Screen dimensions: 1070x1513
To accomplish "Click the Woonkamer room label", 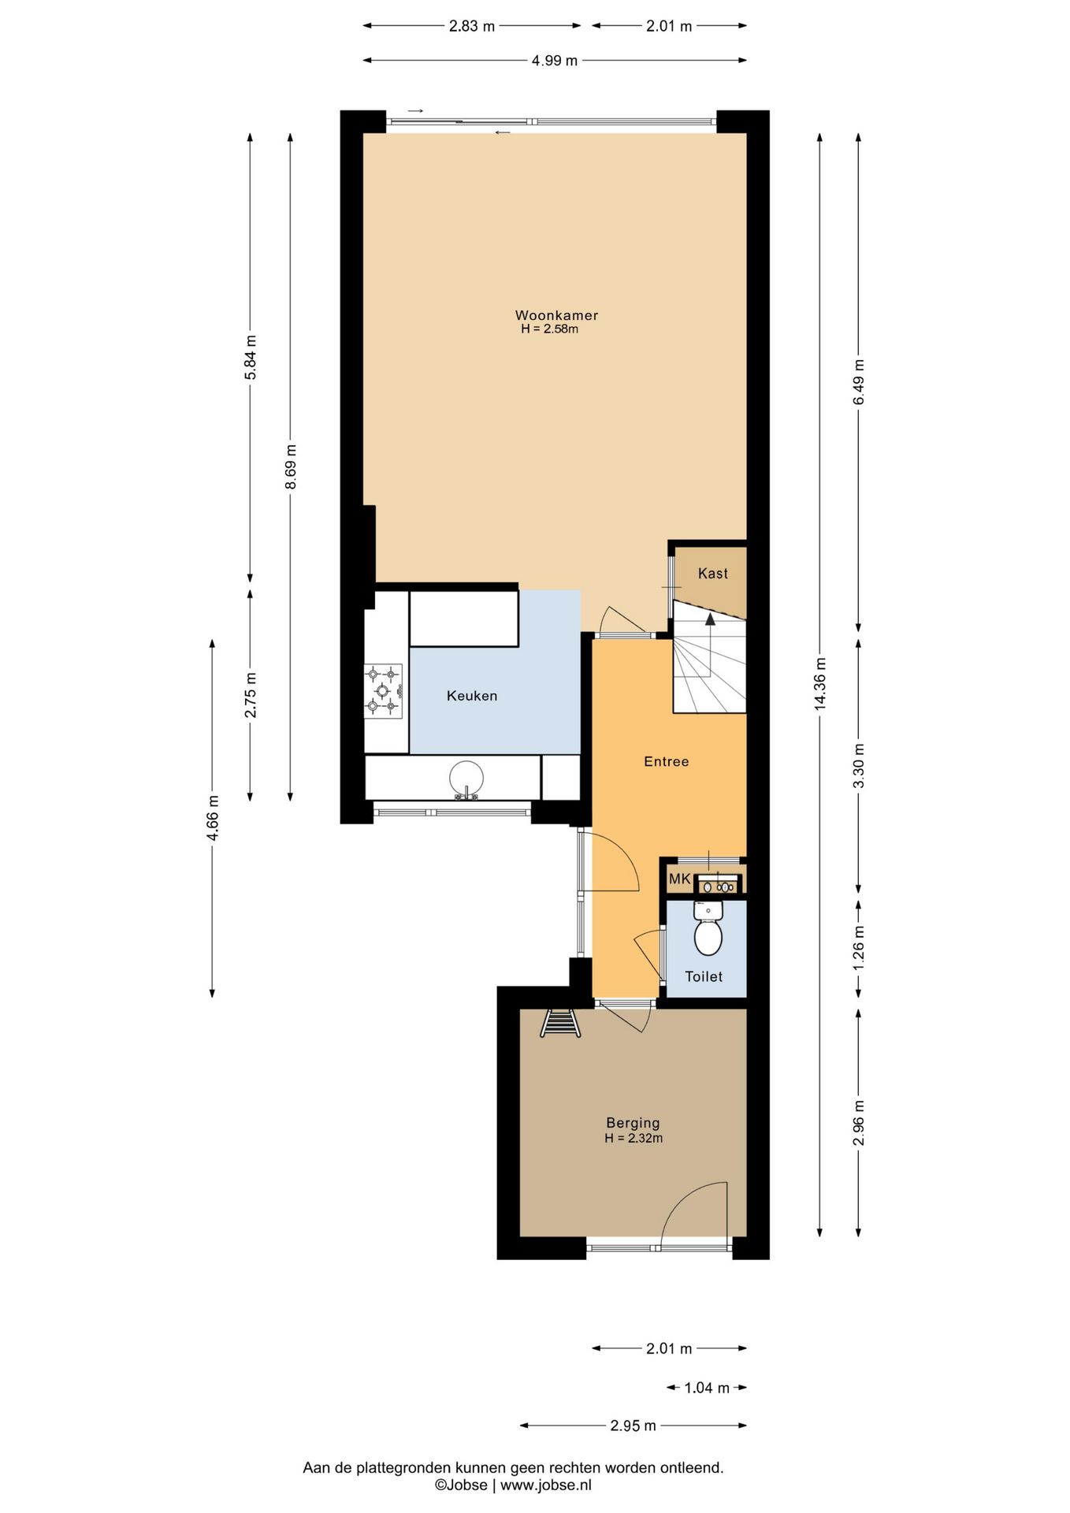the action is pyautogui.click(x=556, y=315).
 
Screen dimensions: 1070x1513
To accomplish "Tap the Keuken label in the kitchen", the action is pyautogui.click(x=472, y=696).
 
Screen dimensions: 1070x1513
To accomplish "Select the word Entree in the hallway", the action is pyautogui.click(x=667, y=761).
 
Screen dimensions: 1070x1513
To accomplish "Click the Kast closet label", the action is pyautogui.click(x=713, y=574).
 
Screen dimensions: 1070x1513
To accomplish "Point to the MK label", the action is pyautogui.click(x=679, y=879).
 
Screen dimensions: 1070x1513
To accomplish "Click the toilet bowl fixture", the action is pyautogui.click(x=708, y=928).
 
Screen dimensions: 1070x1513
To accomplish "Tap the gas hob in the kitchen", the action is pyautogui.click(x=383, y=691).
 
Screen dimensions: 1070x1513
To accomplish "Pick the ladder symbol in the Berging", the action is pyautogui.click(x=560, y=1024).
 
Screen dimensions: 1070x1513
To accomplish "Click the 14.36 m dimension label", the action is pyautogui.click(x=820, y=683).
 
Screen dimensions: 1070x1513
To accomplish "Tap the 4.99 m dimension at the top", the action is pyautogui.click(x=555, y=61).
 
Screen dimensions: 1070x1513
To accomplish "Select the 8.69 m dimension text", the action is pyautogui.click(x=291, y=467).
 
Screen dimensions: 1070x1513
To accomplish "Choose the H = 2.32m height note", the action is pyautogui.click(x=633, y=1138).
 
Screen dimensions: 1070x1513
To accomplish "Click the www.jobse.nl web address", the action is pyautogui.click(x=546, y=1485).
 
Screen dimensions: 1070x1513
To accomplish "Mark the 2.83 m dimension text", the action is pyautogui.click(x=472, y=26).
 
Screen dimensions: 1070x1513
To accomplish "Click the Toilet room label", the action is pyautogui.click(x=704, y=976).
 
